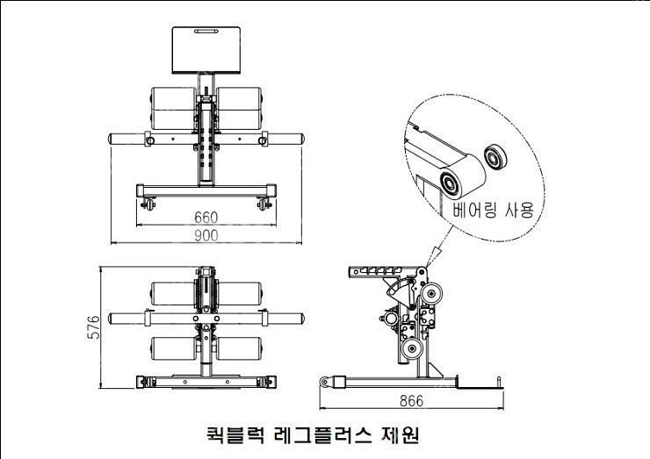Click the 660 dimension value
tap(206, 218)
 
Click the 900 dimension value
tap(206, 235)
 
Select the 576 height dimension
tap(94, 327)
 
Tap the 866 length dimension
tap(412, 400)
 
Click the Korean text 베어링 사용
tap(494, 209)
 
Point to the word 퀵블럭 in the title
tap(235, 434)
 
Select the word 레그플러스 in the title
tap(323, 434)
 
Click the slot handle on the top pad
tap(206, 31)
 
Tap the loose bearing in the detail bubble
tap(495, 156)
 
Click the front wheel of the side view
tap(325, 382)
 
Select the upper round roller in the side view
tap(431, 294)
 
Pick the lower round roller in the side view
tap(412, 348)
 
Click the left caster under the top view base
tap(148, 204)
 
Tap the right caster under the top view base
tap(264, 204)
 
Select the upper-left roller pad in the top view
tap(173, 98)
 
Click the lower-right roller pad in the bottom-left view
tap(240, 348)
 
